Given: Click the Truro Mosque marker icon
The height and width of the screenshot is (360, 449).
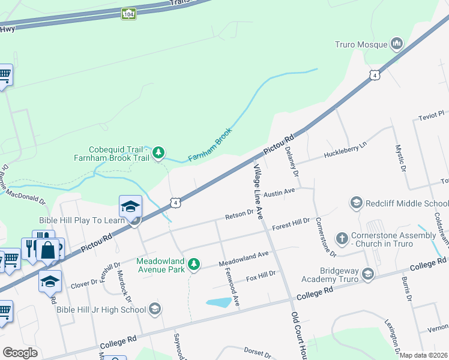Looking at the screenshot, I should coord(396,43).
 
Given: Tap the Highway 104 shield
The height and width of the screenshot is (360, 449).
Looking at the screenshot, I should coord(128,13).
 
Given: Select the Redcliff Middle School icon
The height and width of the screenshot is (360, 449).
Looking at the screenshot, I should coord(356,203).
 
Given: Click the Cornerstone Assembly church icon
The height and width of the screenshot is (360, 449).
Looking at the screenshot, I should coord(342,238).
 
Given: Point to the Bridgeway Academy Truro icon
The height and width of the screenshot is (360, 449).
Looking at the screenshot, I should coord(368,274).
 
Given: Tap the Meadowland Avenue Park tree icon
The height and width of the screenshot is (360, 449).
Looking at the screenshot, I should coord(193,264).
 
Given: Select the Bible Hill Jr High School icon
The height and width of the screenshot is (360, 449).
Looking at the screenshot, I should coord(155,309).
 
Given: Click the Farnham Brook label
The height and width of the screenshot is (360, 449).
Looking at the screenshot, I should coord(209,145).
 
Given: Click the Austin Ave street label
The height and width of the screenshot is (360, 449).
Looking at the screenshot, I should coord(280,193).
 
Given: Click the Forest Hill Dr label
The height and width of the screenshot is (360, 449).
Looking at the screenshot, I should coord(290,224).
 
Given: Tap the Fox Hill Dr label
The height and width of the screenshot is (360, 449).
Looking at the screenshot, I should coord(261,277).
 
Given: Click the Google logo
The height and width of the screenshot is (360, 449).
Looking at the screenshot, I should coord(20,352).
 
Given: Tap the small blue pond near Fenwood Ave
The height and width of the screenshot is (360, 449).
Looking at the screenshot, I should coord(218,302).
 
